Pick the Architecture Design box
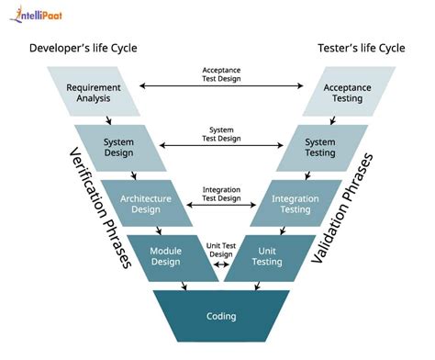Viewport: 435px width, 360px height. pyautogui.click(x=145, y=202)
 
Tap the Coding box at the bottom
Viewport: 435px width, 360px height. pyautogui.click(x=220, y=316)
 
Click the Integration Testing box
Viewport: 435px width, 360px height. pyautogui.click(x=296, y=202)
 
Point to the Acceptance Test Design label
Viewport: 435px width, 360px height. pyautogui.click(x=221, y=74)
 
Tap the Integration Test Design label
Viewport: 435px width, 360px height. pyautogui.click(x=221, y=193)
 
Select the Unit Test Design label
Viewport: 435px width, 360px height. pyautogui.click(x=220, y=250)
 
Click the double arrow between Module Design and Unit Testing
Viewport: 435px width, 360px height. pyautogui.click(x=220, y=265)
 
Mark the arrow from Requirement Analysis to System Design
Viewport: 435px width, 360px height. pyautogui.click(x=109, y=119)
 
